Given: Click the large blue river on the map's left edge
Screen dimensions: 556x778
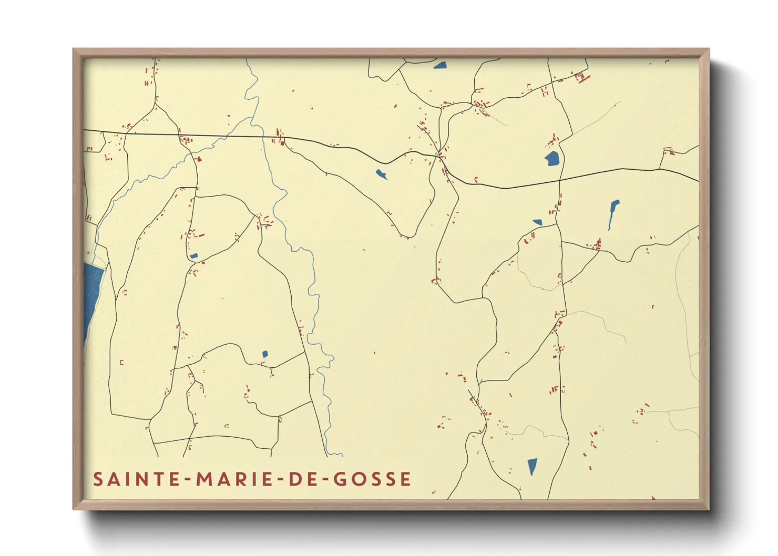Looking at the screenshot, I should (93, 294).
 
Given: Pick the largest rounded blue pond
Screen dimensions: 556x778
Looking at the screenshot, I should (551, 158).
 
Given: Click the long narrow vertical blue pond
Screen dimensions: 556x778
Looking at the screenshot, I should (613, 213).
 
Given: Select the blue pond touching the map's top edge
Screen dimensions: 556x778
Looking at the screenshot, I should (440, 66).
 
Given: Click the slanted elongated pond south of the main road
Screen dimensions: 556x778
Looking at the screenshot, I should (382, 174).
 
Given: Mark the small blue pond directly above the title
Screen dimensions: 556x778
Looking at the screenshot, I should (265, 354).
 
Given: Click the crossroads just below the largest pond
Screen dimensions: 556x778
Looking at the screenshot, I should (559, 180).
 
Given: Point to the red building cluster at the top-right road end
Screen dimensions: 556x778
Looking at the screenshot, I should (581, 78).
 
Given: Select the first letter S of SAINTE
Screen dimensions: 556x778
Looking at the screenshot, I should (98, 479).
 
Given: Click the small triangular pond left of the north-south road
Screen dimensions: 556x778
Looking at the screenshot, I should (537, 222).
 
